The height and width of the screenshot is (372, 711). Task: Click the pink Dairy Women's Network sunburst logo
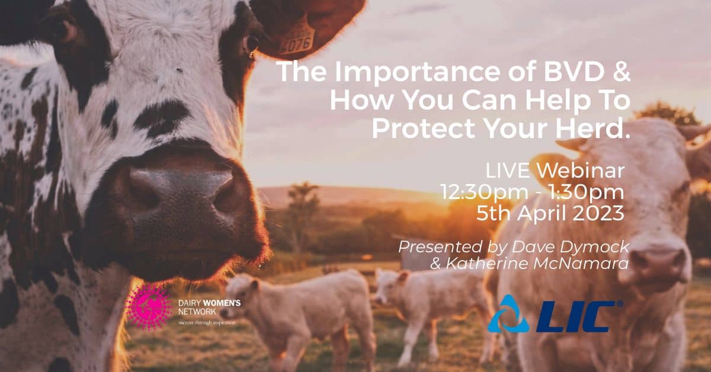tap(148, 307)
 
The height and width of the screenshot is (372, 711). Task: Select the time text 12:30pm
tap(477, 193)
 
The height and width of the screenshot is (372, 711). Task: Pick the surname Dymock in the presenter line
tap(587, 246)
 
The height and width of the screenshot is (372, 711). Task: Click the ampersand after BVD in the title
tap(620, 73)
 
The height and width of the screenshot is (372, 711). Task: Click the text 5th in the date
tap(494, 213)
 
